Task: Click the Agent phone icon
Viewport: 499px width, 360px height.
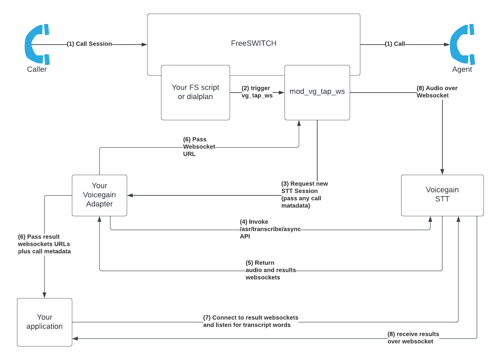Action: (x=462, y=44)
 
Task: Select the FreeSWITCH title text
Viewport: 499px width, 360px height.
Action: (x=253, y=43)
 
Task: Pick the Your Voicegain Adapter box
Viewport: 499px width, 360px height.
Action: (x=99, y=195)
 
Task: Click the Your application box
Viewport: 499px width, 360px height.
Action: (x=45, y=322)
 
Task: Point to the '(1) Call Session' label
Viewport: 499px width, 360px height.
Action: (x=89, y=44)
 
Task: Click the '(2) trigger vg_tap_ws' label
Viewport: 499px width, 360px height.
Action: (x=257, y=92)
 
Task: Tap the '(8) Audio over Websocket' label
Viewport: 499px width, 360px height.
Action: (x=437, y=92)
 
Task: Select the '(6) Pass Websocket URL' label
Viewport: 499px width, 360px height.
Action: (x=199, y=147)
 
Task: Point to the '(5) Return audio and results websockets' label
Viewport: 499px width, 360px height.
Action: (x=270, y=270)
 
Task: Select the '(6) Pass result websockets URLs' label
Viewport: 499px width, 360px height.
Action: (x=44, y=244)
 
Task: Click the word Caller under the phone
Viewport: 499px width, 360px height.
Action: (x=37, y=69)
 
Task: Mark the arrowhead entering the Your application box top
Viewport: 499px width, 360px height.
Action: (x=44, y=295)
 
